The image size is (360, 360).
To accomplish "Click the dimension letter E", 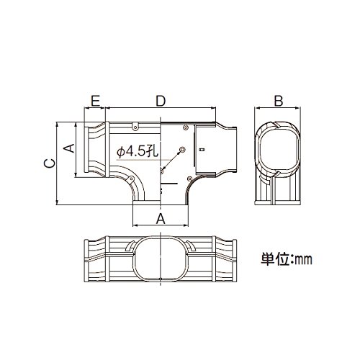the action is coord(96,101).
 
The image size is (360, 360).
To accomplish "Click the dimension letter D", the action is coord(161,101).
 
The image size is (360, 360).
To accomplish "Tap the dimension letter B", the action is coord(279,101).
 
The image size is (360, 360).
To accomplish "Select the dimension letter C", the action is coord(50,163).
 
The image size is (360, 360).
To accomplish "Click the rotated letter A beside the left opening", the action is coord(69,148).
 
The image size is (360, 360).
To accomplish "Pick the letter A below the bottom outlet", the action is coord(161,219).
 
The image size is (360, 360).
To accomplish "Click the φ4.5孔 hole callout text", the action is coord(138,151).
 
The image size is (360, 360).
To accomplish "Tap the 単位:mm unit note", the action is coord(287,259).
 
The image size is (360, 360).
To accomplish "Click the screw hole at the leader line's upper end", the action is coord(182,150).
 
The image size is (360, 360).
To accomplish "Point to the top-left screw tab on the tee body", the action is coord(135,127).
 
